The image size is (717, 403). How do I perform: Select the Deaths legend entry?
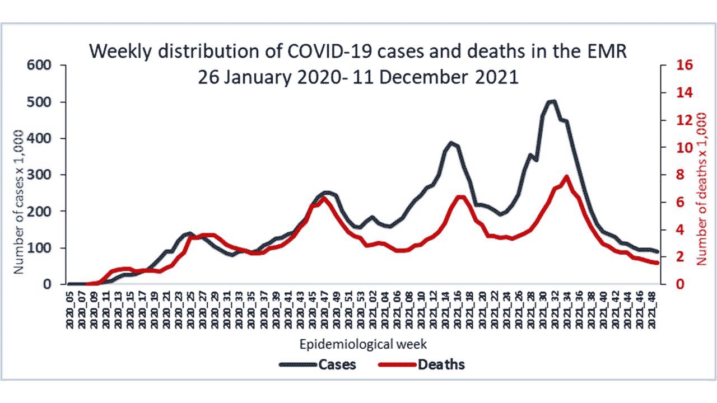441,365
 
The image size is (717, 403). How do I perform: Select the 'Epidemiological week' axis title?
364,343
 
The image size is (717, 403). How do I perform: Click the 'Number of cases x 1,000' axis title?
18,201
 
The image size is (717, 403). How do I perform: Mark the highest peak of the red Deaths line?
567,177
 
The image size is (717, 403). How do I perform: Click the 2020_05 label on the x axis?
69,308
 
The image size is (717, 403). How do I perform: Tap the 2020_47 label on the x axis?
325,308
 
